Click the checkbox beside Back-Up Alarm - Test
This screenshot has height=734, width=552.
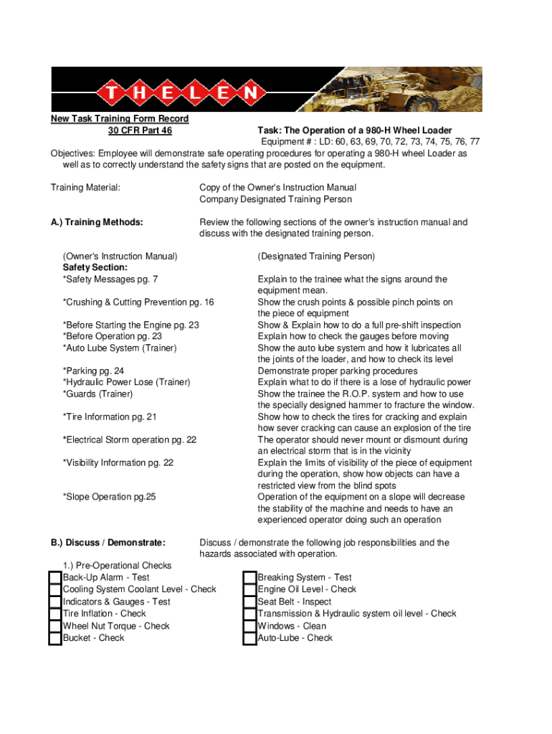(x=55, y=578)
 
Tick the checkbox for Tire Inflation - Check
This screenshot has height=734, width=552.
(x=55, y=614)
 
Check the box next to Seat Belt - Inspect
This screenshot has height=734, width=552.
(x=249, y=602)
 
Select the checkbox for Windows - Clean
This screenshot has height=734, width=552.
(x=249, y=626)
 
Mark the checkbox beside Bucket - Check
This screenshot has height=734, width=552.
(x=55, y=638)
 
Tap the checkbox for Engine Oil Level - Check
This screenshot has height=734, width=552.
(x=249, y=590)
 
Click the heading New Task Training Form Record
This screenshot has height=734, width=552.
(x=119, y=119)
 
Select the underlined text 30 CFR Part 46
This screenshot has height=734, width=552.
(x=140, y=130)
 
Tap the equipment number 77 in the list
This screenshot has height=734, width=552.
(x=474, y=142)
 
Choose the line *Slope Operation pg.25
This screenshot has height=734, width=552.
(x=109, y=497)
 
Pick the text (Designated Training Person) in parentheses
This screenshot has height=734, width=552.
(x=316, y=256)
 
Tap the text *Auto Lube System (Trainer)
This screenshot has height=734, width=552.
(x=119, y=348)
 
